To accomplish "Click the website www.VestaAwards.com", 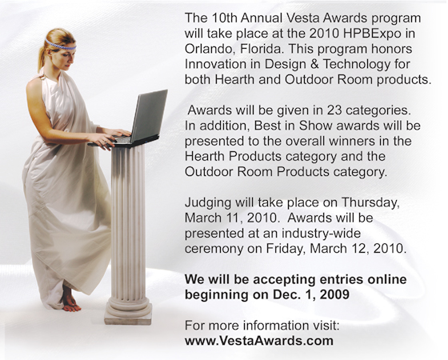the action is (259, 341).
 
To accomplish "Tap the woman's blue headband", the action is (60, 45).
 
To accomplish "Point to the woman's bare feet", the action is (70, 301).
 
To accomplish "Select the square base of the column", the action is (128, 317).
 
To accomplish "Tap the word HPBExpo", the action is (372, 34).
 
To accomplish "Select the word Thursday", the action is (370, 203).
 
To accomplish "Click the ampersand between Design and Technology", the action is (314, 64).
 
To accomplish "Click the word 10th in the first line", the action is (224, 18).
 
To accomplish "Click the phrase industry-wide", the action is (321, 234).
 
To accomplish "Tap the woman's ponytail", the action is (42, 58).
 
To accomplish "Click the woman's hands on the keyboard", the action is (110, 137).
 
